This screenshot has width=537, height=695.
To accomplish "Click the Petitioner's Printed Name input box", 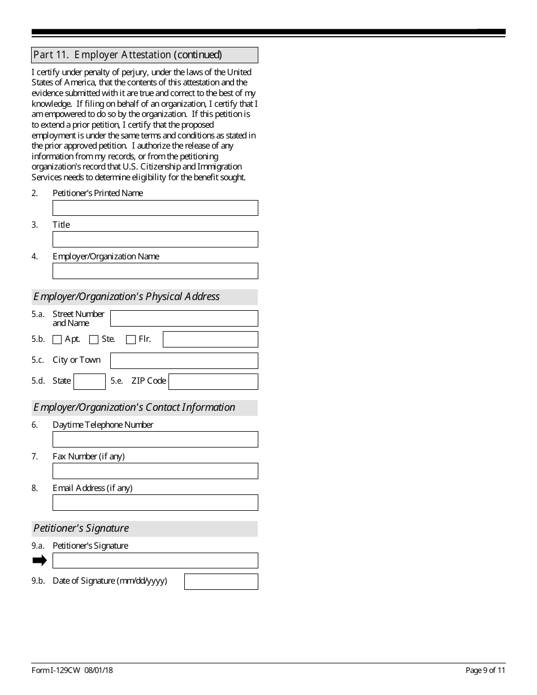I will pyautogui.click(x=155, y=208).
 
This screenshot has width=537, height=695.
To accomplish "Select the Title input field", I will pyautogui.click(x=155, y=240).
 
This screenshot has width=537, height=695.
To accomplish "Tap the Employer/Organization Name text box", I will pyautogui.click(x=155, y=271).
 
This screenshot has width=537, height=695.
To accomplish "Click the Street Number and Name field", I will pyautogui.click(x=184, y=319).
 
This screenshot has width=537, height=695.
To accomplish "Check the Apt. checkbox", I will pyautogui.click(x=57, y=340).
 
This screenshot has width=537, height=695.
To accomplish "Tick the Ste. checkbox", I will pyautogui.click(x=94, y=340).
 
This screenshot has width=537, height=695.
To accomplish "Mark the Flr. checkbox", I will pyautogui.click(x=131, y=340).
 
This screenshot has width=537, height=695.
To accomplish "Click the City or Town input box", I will pyautogui.click(x=184, y=361).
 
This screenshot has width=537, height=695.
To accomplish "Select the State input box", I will pyautogui.click(x=89, y=381).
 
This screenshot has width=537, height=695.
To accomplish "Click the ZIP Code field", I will pyautogui.click(x=213, y=381).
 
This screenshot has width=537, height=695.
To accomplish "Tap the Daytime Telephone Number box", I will pyautogui.click(x=155, y=440).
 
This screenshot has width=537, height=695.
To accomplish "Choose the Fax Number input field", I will pyautogui.click(x=155, y=471).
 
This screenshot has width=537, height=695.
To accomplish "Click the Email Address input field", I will pyautogui.click(x=155, y=503).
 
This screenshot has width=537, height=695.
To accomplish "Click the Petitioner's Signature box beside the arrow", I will pyautogui.click(x=155, y=561).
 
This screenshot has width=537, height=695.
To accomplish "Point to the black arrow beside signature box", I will pyautogui.click(x=40, y=561).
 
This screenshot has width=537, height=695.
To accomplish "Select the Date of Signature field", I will pyautogui.click(x=221, y=582).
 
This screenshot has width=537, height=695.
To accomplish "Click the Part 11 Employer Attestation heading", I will pyautogui.click(x=128, y=55).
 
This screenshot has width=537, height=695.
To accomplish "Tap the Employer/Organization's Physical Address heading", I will pyautogui.click(x=127, y=297).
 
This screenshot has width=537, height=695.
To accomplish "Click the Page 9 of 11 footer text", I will pyautogui.click(x=485, y=671).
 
